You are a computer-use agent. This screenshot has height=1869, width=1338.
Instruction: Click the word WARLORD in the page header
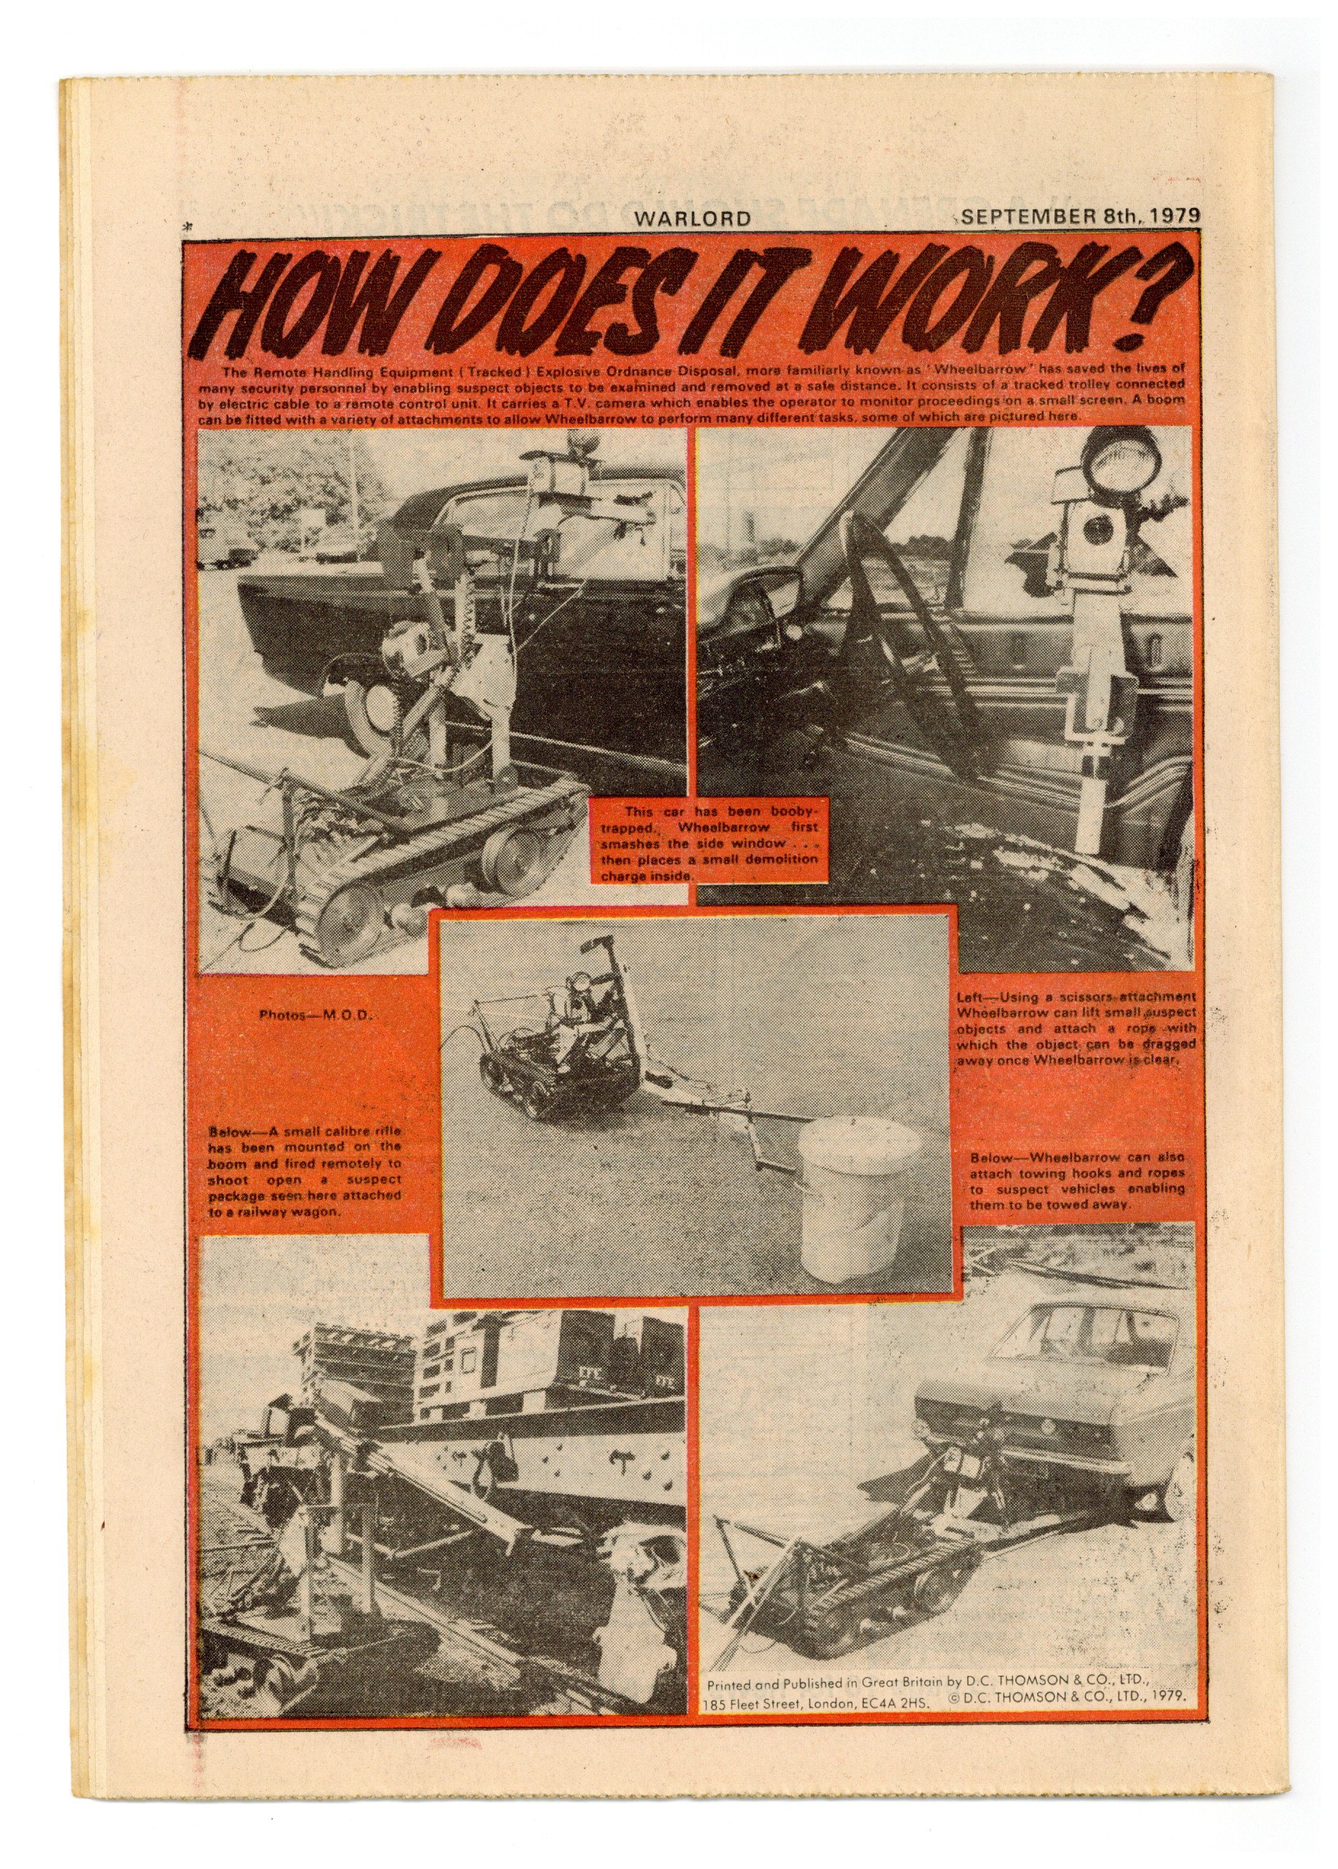click(x=692, y=218)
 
